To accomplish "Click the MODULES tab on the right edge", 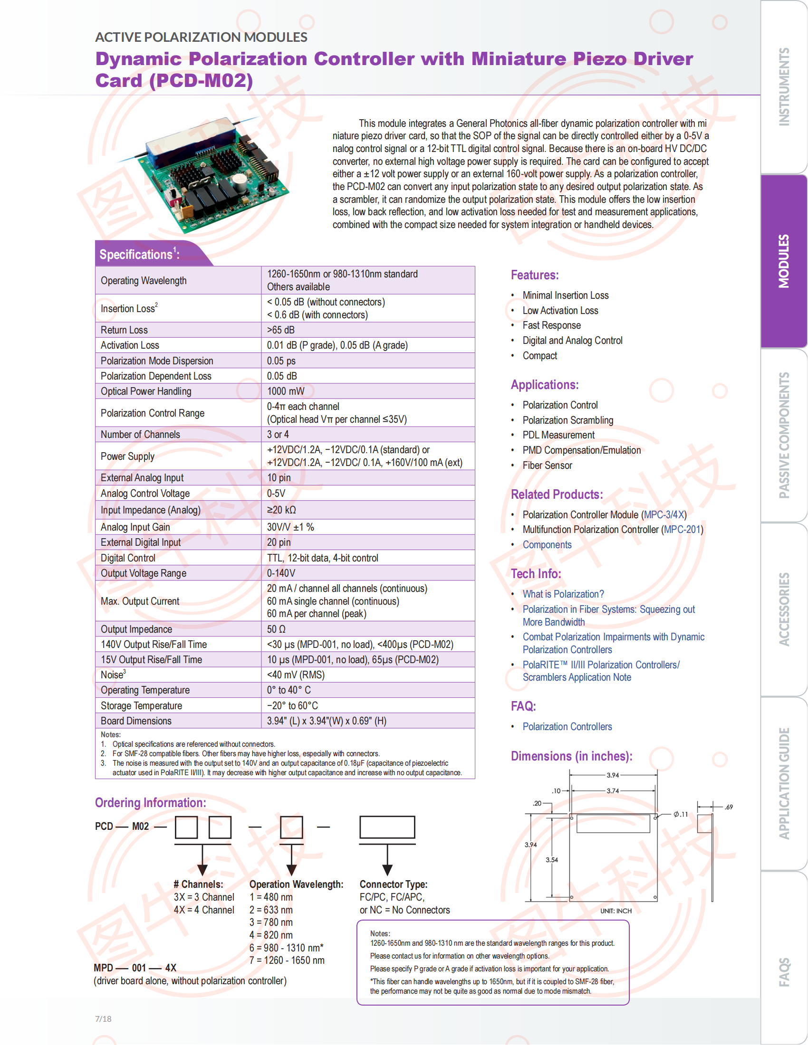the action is point(784,261).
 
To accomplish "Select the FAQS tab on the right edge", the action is point(784,972).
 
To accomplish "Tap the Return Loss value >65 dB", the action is point(281,330).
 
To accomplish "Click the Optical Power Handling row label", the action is point(146,391).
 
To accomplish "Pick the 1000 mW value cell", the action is point(286,391).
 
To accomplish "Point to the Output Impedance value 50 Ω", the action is point(276,629).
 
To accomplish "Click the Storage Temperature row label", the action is point(141,706).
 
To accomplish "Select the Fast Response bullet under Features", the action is point(551,325).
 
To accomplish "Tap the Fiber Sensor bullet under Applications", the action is point(547,465).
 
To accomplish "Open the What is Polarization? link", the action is point(563,594).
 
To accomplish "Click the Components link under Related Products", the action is point(547,545).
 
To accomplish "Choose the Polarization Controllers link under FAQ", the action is point(567,727).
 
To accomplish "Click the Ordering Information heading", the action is point(150,803).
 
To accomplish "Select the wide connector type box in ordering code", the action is point(387,827).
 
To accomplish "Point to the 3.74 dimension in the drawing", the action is point(613,791).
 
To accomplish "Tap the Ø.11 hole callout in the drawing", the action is point(681,814).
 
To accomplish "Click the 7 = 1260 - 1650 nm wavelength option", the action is point(287,960).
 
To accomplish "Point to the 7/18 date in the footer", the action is point(103,1019).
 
